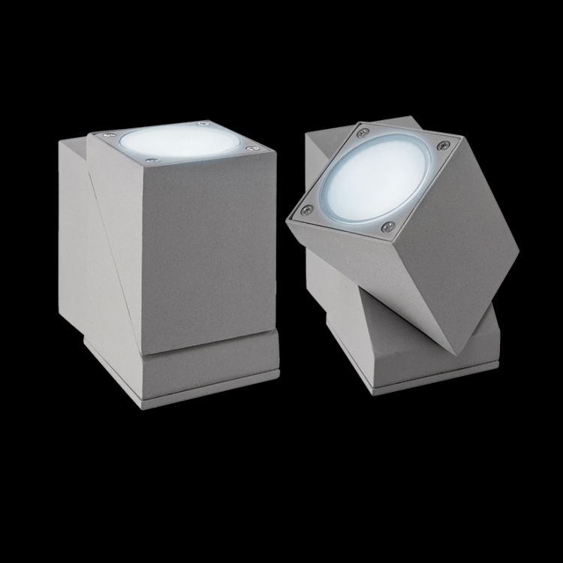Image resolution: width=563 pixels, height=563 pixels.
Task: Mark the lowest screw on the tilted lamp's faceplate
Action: tap(388, 225)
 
